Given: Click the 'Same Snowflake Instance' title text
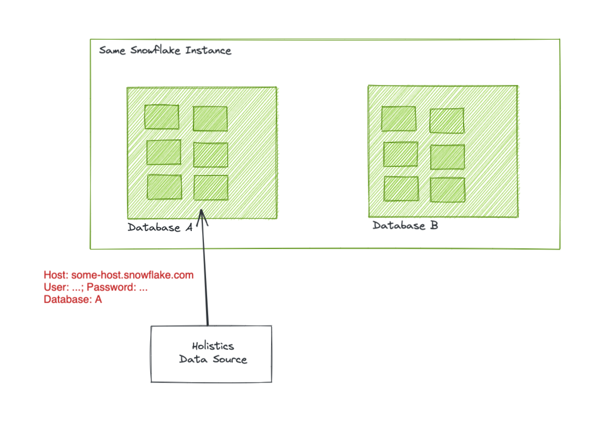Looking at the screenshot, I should [x=165, y=51].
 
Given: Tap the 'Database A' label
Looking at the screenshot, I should [x=160, y=227].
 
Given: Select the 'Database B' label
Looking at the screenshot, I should [x=405, y=225].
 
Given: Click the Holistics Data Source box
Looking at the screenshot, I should [x=211, y=353].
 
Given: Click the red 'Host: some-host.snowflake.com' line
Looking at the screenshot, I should [x=118, y=275].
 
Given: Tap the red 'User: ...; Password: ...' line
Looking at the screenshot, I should [x=95, y=287].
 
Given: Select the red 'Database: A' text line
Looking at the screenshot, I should [x=73, y=299].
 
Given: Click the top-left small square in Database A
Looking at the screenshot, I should [x=162, y=117].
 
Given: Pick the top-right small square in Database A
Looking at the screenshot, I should [x=210, y=119].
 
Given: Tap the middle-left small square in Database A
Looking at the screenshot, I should [x=163, y=152].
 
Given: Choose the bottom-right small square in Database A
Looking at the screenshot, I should [x=211, y=188].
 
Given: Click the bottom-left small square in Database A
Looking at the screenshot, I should [x=164, y=187].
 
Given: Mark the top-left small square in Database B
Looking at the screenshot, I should [x=398, y=119].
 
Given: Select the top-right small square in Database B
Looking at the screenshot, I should [x=447, y=121].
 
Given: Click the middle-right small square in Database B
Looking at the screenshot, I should [x=447, y=157].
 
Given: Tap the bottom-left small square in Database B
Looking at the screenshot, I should [x=401, y=189].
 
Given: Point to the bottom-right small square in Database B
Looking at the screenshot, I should [x=447, y=190].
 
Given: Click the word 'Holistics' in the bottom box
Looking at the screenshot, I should [x=212, y=346].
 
